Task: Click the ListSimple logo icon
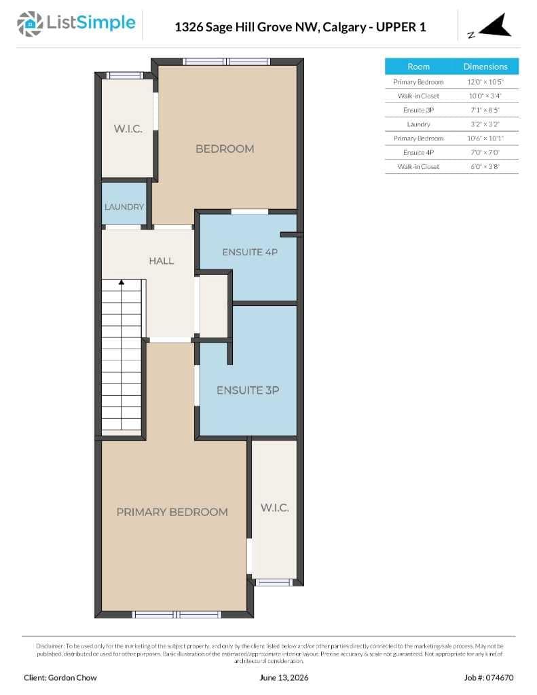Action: pos(30,24)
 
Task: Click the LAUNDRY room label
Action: pos(124,207)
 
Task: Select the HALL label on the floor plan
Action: pos(162,261)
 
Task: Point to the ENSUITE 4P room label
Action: pos(250,252)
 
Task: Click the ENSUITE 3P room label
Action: pos(248,390)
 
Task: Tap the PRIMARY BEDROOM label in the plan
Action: pos(172,512)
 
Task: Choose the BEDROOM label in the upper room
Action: pos(225,149)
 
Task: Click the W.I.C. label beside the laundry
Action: pos(128,129)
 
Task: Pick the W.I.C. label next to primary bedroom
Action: pos(274,508)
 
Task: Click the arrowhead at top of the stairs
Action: pos(122,282)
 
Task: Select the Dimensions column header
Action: pos(485,67)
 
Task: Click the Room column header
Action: pos(418,67)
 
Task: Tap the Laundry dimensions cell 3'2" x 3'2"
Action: pos(485,124)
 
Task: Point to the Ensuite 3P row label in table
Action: pos(418,110)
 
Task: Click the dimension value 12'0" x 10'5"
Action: pos(485,82)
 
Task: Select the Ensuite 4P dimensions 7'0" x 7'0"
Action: pos(485,153)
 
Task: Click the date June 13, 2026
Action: pos(284,678)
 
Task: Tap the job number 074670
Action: pos(500,678)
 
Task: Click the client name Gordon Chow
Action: pos(72,678)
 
